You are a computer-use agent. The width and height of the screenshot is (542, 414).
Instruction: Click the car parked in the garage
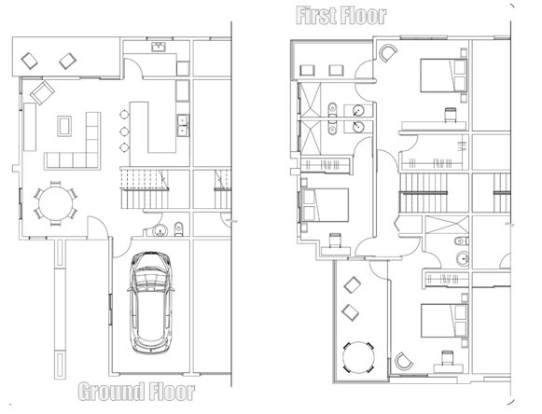[x=150, y=302]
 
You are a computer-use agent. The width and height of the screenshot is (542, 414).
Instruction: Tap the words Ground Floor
[x=136, y=392]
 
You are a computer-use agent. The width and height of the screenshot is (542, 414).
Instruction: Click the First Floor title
[x=341, y=16]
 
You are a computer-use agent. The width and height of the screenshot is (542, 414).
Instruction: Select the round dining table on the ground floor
[x=55, y=203]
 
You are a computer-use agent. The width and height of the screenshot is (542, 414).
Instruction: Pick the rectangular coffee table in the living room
[x=64, y=126]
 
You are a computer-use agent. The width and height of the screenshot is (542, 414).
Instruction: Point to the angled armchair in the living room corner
[x=42, y=92]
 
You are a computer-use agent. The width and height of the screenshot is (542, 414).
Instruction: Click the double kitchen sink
[x=183, y=126]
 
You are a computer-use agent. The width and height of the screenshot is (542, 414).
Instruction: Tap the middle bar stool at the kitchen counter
[x=124, y=131]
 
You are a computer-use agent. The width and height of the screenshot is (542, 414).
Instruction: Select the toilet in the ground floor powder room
[x=179, y=229]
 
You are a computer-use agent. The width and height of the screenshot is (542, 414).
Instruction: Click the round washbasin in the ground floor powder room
[x=160, y=230]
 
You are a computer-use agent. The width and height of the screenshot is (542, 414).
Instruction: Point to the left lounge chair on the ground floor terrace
[x=29, y=61]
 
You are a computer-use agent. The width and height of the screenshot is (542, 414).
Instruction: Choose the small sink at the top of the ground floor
[x=159, y=47]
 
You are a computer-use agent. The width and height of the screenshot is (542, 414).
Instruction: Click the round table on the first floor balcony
[x=358, y=357]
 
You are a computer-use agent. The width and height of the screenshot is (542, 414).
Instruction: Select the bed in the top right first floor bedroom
[x=443, y=76]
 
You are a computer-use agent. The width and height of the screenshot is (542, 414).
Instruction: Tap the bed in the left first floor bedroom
[x=325, y=205]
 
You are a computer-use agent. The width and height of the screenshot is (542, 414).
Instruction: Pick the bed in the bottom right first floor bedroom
[x=444, y=321]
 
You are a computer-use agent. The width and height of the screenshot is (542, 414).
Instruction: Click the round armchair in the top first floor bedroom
[x=388, y=53]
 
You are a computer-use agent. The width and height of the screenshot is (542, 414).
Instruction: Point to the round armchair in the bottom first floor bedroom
[x=404, y=361]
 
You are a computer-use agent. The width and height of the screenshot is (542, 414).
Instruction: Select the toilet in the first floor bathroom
[x=462, y=241]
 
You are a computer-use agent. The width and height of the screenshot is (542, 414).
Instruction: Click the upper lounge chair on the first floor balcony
[x=352, y=285]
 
